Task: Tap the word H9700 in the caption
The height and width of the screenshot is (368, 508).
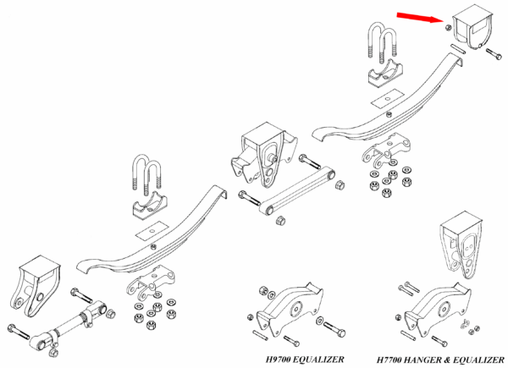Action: (x=281, y=359)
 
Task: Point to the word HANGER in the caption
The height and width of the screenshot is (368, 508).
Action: (x=433, y=359)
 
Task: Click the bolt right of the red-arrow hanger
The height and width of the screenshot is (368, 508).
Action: (x=494, y=54)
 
